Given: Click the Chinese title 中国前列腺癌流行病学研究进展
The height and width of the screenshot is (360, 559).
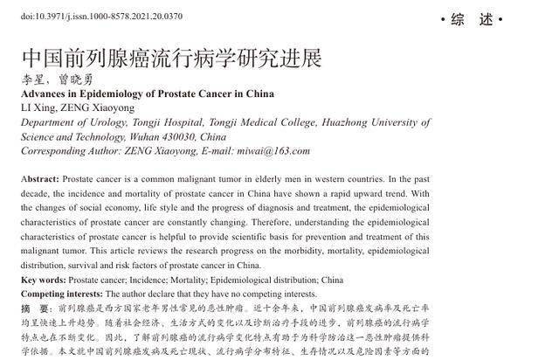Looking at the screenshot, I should pos(171,59).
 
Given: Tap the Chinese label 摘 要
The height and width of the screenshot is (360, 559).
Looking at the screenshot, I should pos(34,308).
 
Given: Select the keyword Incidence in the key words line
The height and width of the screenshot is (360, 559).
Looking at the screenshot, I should pos(148,280).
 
